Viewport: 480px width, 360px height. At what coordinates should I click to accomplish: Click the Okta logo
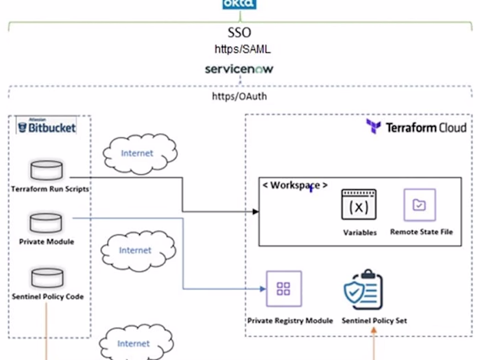(x=239, y=5)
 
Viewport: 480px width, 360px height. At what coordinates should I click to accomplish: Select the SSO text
(x=239, y=33)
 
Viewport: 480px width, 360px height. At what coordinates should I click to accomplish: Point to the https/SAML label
(x=239, y=49)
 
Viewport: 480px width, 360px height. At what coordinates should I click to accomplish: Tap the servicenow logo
(x=239, y=69)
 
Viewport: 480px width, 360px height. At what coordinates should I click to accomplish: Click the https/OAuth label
(x=239, y=97)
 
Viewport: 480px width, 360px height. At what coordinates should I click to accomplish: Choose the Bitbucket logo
(x=47, y=126)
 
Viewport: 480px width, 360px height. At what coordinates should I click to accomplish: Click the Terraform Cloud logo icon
(x=374, y=127)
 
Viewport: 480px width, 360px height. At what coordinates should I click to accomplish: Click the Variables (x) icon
(x=360, y=206)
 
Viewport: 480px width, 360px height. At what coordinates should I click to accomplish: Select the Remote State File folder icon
(x=419, y=204)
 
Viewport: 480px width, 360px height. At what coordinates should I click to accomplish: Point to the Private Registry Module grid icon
(x=283, y=289)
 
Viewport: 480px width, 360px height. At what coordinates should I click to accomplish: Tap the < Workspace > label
(x=296, y=185)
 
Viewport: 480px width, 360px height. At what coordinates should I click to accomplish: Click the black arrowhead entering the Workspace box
(x=255, y=212)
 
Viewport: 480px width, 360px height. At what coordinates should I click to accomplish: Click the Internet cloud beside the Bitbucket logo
(x=138, y=153)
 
